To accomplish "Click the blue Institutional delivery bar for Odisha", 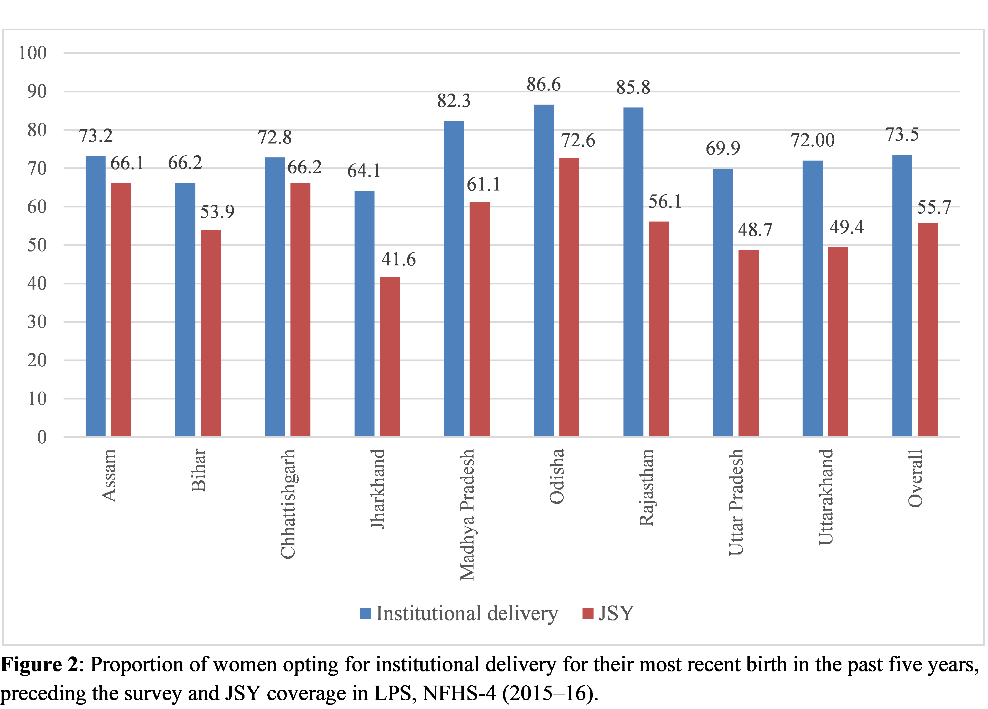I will pyautogui.click(x=544, y=270).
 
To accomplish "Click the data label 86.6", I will pyautogui.click(x=544, y=85).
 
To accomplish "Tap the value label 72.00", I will pyautogui.click(x=813, y=140).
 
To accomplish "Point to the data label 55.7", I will pyautogui.click(x=934, y=207).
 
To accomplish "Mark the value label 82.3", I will pyautogui.click(x=454, y=101).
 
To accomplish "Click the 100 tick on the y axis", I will pyautogui.click(x=33, y=53).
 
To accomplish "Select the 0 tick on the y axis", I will pyautogui.click(x=42, y=437).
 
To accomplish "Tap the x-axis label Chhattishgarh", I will pyautogui.click(x=288, y=503).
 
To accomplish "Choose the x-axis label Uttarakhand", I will pyautogui.click(x=825, y=497).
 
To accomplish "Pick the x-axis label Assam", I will pyautogui.click(x=109, y=475).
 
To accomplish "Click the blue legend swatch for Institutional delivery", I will pyautogui.click(x=366, y=614).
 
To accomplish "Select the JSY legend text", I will pyautogui.click(x=616, y=614).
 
